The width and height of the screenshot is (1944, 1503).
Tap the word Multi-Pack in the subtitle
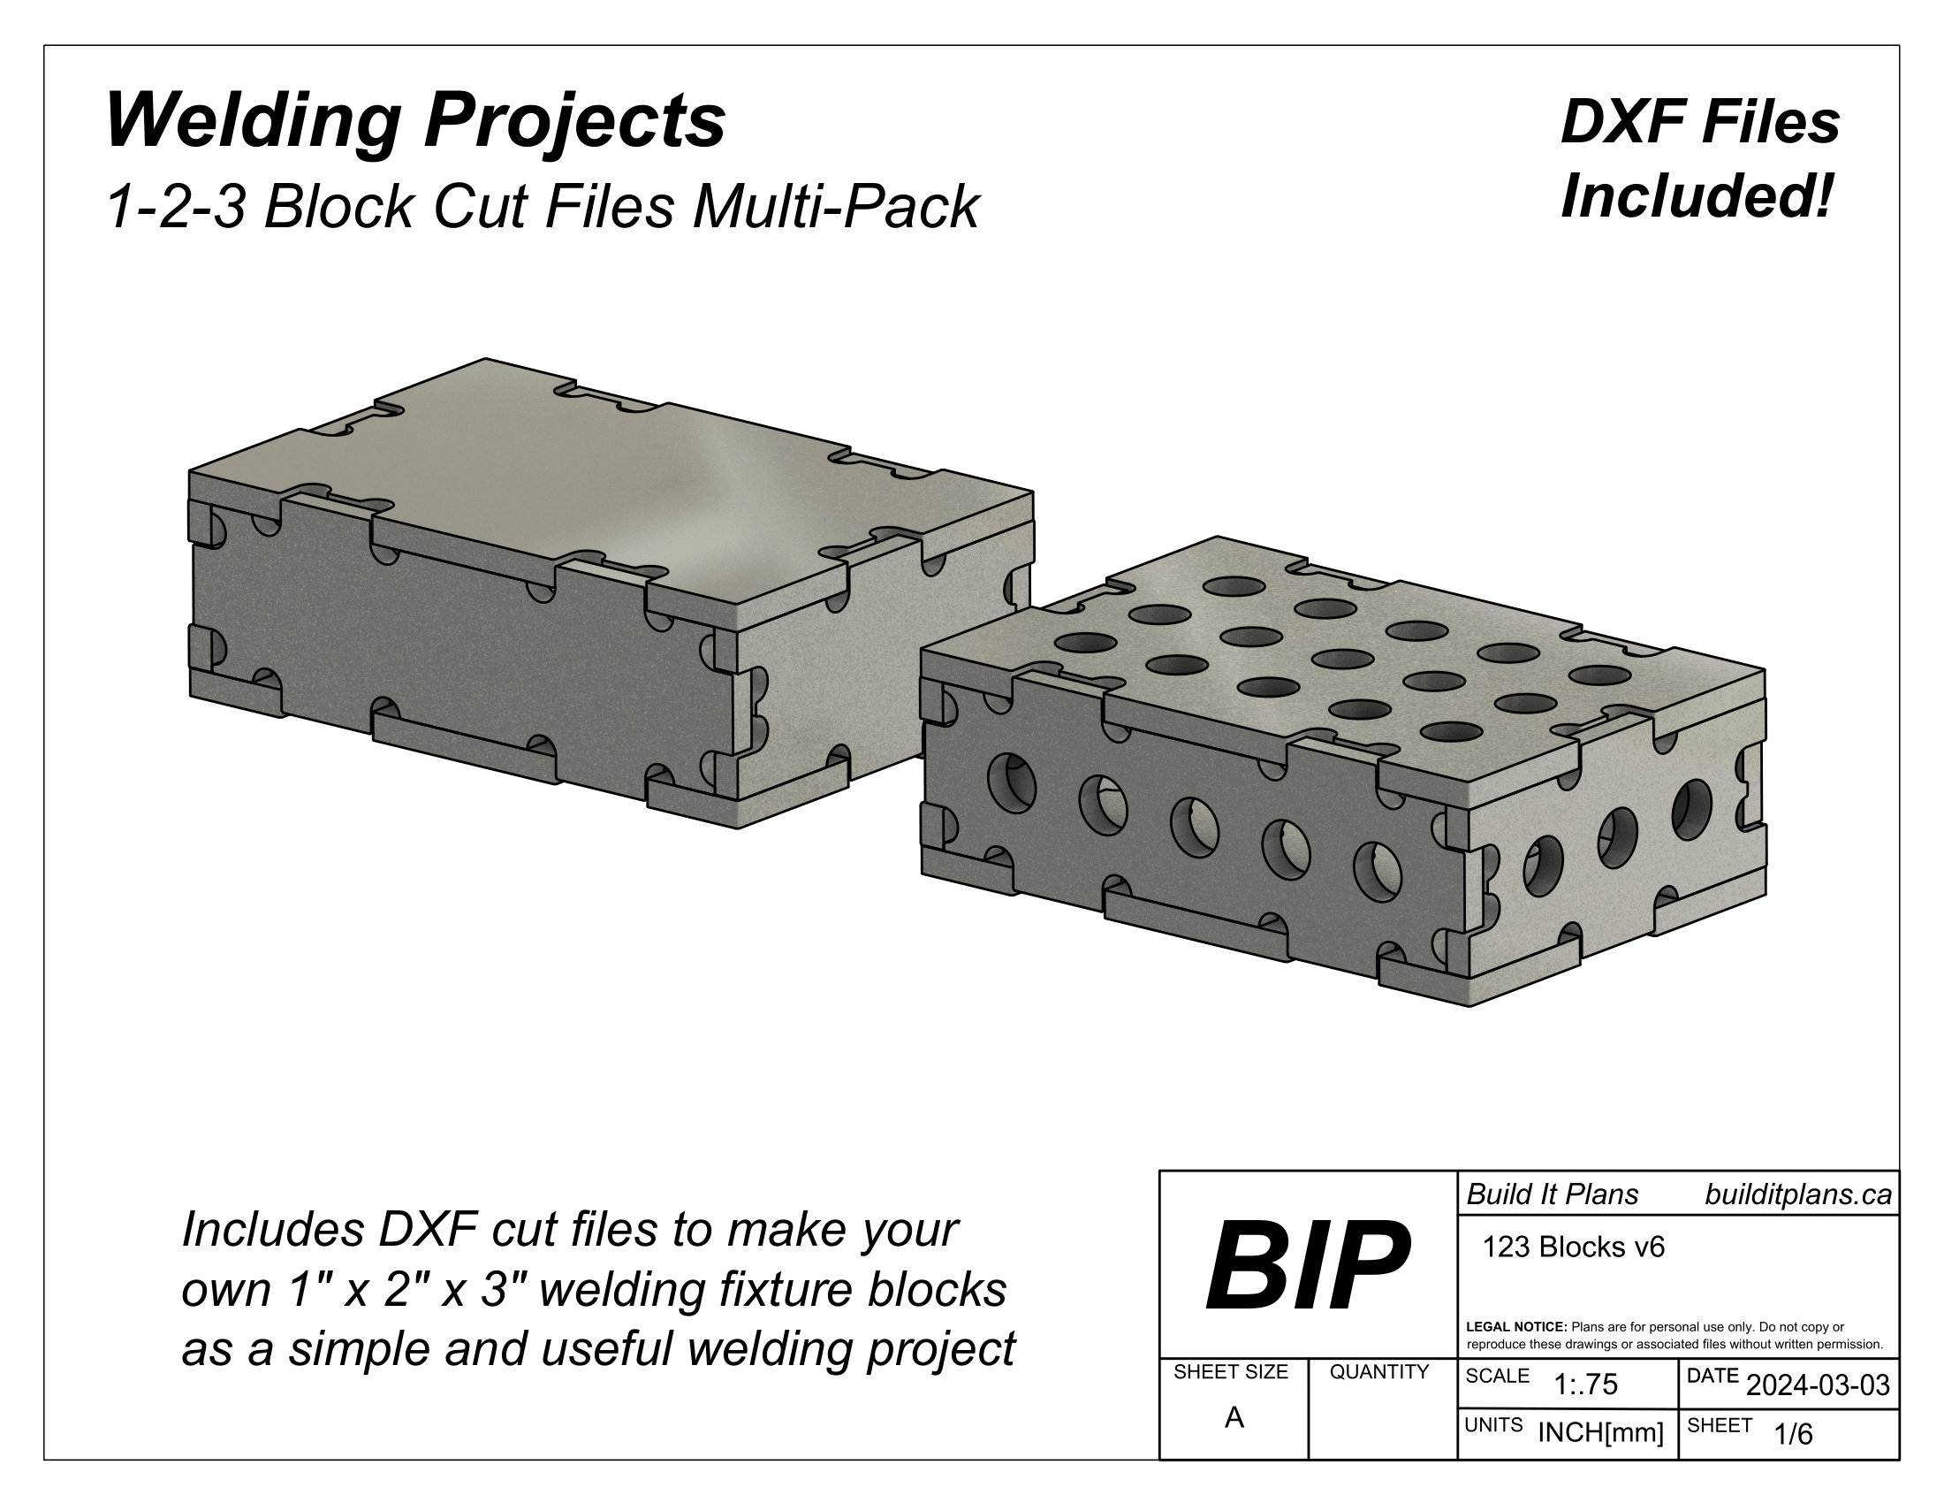pos(836,208)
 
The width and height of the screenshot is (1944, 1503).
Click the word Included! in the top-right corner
pos(1698,197)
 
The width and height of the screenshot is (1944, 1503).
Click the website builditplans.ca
pos(1797,1195)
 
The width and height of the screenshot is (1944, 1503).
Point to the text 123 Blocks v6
pos(1573,1247)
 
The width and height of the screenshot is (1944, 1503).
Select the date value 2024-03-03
pos(1818,1385)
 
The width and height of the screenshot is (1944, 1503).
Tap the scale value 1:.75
pos(1585,1385)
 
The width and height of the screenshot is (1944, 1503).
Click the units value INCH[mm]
pos(1600,1433)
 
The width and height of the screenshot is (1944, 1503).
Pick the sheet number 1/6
pos(1793,1434)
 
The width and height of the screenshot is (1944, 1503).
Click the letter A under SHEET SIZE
pos(1234,1417)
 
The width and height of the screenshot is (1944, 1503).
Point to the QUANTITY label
pos(1378,1372)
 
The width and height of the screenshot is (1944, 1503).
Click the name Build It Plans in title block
pos(1553,1195)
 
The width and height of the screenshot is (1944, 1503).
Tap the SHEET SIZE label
pos(1230,1372)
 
